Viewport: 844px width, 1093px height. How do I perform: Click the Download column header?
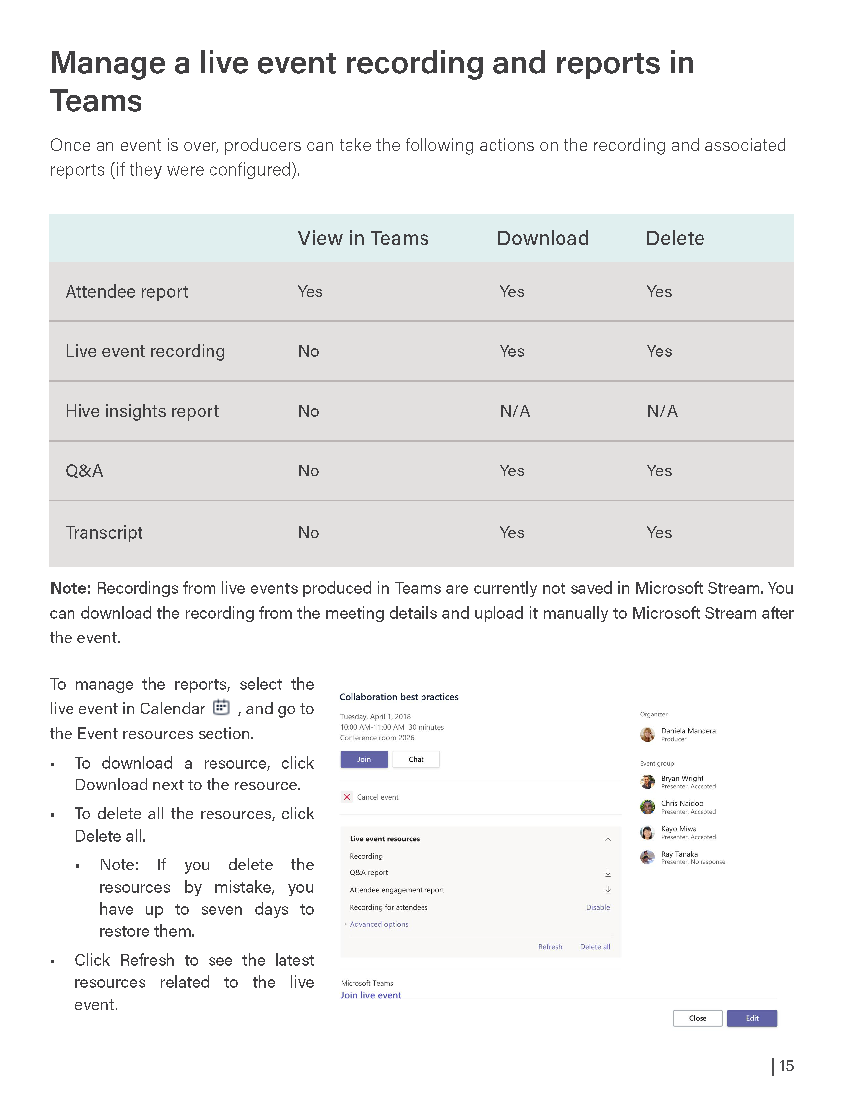tap(543, 238)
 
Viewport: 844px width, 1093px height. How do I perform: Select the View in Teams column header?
tap(363, 238)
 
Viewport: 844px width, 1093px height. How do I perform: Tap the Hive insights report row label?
tap(142, 411)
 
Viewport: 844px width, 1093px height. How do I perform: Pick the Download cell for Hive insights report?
tap(515, 411)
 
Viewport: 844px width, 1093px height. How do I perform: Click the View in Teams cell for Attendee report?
tap(310, 292)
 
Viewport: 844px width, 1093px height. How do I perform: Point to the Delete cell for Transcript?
tap(659, 533)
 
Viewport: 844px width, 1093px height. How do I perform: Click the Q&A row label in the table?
tap(84, 471)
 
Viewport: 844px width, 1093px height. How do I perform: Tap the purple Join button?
tap(364, 759)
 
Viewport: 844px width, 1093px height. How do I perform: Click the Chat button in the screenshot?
tap(416, 759)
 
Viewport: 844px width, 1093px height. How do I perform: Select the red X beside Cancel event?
tap(347, 797)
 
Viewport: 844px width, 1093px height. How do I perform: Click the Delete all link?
tap(595, 947)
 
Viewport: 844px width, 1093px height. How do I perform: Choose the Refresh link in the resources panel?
tap(550, 947)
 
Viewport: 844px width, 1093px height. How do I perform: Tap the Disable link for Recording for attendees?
tap(598, 907)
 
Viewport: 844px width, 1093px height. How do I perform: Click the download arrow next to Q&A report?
tap(608, 873)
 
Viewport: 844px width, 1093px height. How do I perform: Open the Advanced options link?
tap(378, 924)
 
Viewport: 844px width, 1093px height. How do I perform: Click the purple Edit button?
tap(752, 1018)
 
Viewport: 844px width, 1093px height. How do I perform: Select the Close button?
tap(698, 1018)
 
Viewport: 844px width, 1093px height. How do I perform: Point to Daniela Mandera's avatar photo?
tap(647, 734)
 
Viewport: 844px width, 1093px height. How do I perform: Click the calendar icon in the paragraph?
tap(221, 707)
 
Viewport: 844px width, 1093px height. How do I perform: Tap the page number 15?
tap(786, 1066)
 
